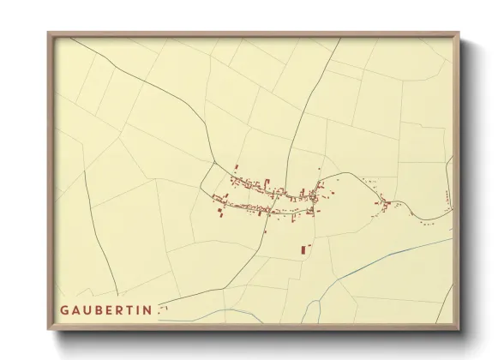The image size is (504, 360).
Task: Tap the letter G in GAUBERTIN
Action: click(x=64, y=309)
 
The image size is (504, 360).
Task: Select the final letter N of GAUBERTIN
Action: click(x=149, y=309)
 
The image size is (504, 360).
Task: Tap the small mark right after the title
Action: click(x=159, y=311)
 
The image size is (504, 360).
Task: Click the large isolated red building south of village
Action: click(x=303, y=249)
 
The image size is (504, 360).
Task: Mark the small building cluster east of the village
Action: click(x=387, y=204)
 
